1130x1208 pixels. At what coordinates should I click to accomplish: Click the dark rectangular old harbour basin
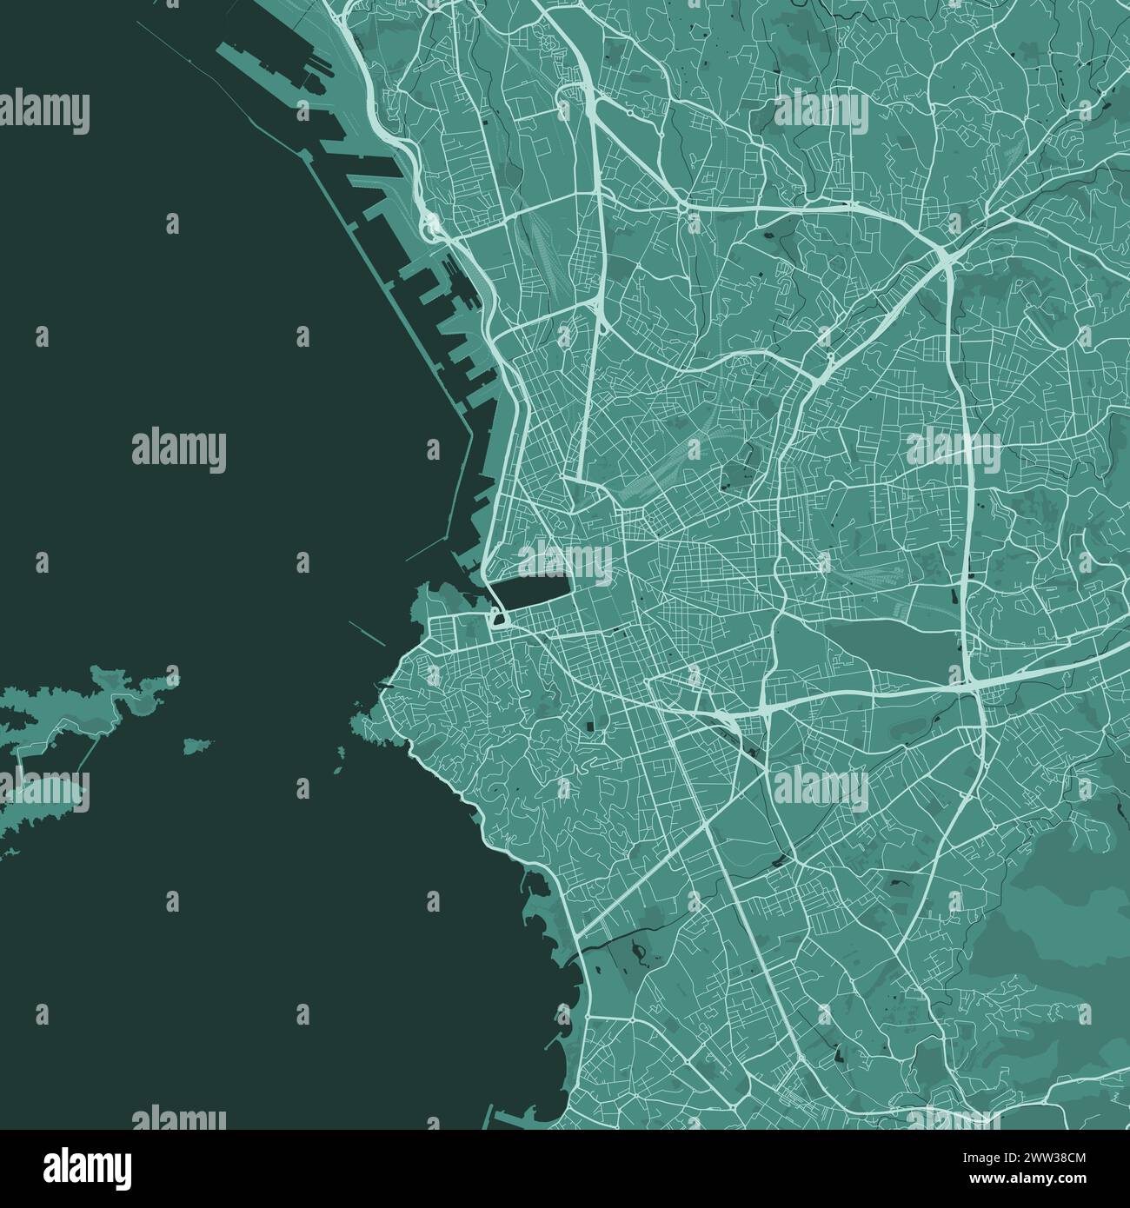point(530,593)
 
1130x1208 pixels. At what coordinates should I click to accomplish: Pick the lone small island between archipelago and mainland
point(198,745)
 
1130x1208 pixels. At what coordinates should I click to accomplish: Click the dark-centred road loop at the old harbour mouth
point(500,619)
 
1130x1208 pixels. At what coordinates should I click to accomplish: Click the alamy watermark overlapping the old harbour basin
point(566,561)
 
